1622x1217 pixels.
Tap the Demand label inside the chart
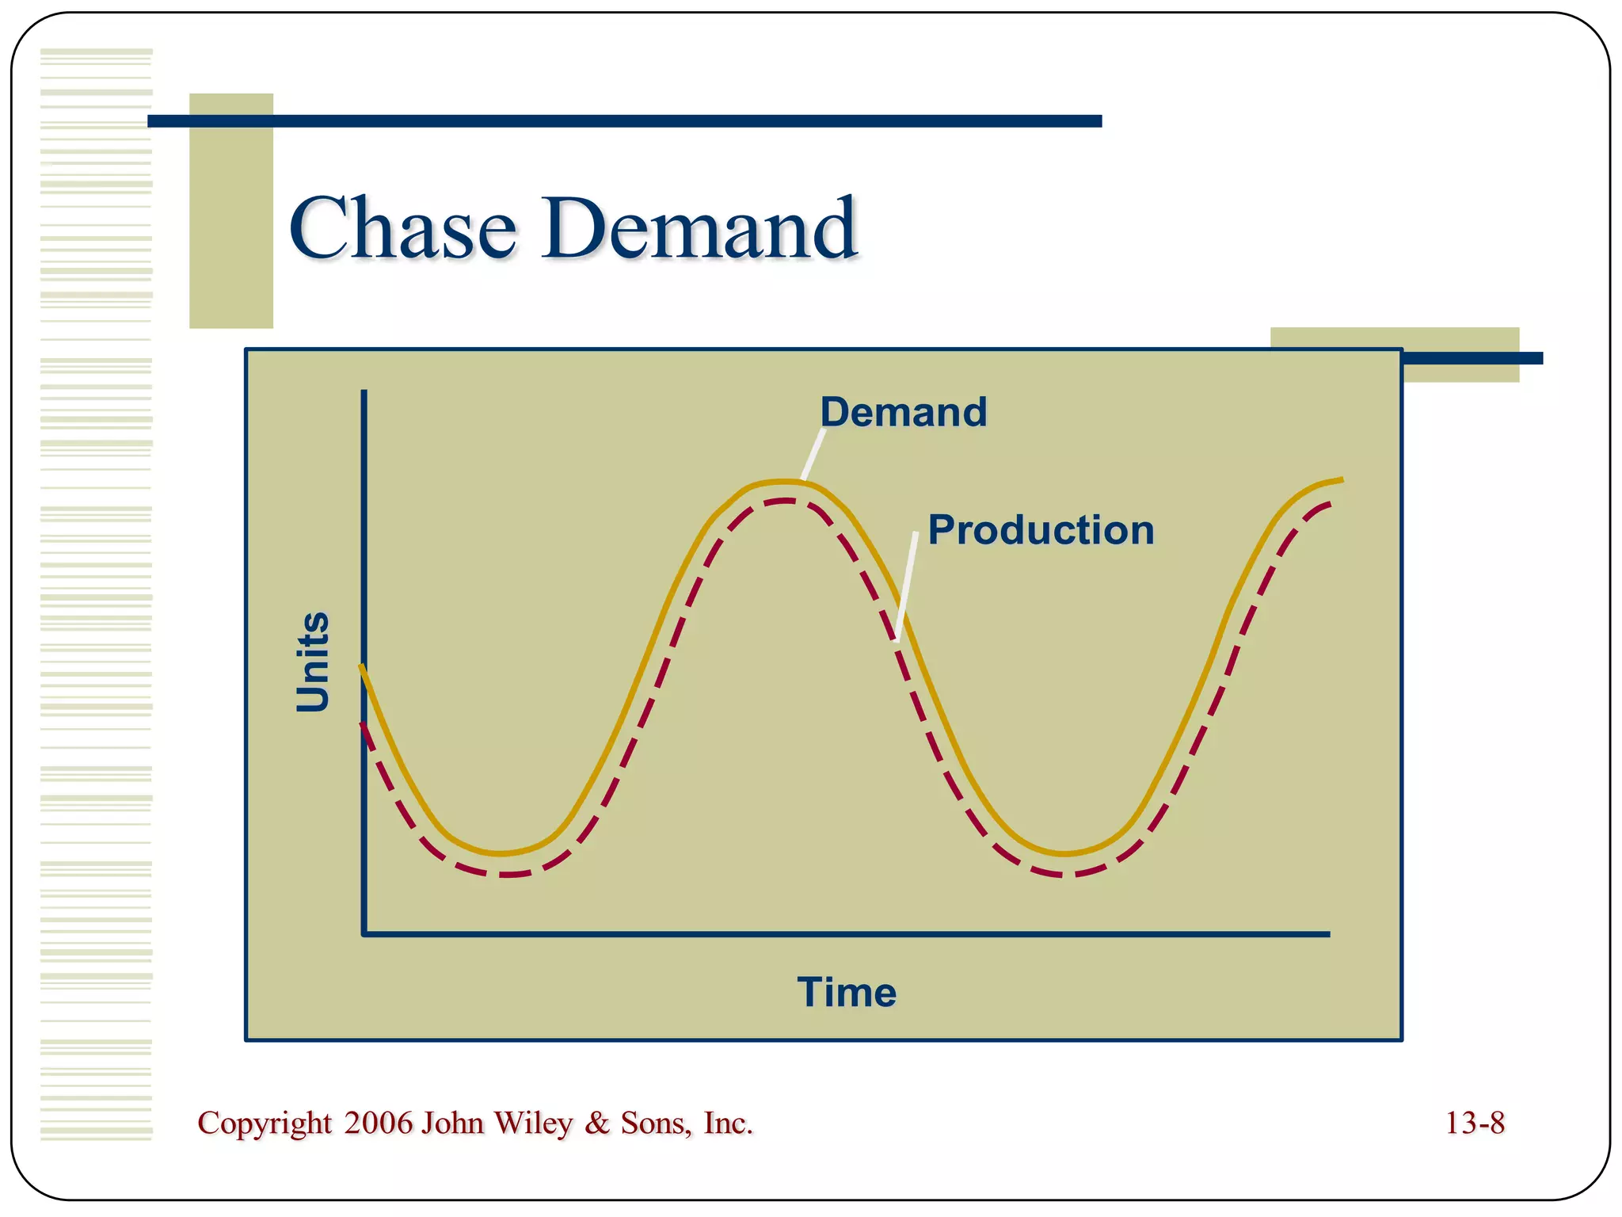903,412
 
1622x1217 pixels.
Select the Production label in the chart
1041,529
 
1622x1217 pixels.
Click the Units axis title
312,662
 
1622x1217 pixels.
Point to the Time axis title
847,992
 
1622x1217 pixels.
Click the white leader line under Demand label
813,455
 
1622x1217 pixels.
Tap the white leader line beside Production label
907,586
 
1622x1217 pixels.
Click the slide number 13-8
1474,1123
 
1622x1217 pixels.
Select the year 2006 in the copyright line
379,1123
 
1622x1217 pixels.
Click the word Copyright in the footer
265,1124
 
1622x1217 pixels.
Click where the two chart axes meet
364,934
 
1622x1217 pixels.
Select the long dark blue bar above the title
624,121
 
